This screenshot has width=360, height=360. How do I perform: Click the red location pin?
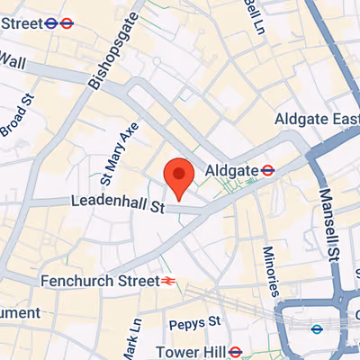click(179, 176)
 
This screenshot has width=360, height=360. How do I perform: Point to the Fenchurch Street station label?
click(99, 281)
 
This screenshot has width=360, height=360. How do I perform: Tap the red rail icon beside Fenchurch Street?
click(168, 281)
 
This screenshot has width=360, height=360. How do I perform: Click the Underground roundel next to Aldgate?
click(267, 169)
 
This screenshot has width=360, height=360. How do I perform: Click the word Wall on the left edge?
click(12, 59)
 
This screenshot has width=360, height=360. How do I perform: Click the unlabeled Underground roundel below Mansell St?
click(316, 329)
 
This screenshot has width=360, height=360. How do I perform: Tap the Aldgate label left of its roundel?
click(230, 169)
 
